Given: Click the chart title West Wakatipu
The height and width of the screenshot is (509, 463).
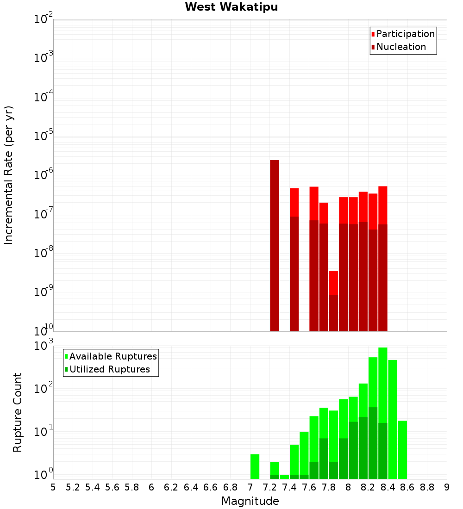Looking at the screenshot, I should (231, 7).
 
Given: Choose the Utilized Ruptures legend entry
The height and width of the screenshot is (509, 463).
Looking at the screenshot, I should (109, 369).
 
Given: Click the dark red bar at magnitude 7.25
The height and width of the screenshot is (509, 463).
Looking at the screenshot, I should (275, 245).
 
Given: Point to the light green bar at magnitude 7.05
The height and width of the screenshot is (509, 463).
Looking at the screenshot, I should (255, 466).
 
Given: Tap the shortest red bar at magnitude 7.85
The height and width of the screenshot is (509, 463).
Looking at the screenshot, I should (333, 282).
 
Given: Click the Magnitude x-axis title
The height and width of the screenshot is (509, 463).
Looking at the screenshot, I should (250, 501).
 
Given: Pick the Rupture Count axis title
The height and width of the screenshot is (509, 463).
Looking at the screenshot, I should (18, 412).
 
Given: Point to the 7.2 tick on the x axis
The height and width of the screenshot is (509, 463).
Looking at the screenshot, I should (269, 487).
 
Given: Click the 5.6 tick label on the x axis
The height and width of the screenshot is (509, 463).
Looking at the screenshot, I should (112, 487).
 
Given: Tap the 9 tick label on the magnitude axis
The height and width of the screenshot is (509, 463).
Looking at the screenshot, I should (446, 487).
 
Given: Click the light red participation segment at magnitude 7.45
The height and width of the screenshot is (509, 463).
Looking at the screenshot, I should (294, 202).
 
